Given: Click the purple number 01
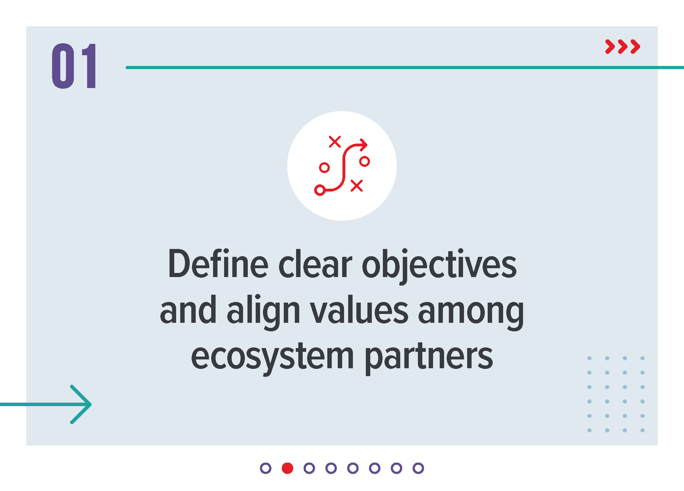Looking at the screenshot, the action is [74, 66].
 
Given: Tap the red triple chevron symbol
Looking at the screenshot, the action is [622, 47].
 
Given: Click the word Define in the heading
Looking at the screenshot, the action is [218, 263].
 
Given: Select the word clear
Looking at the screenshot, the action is [315, 263].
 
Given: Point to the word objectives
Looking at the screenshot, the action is [439, 266].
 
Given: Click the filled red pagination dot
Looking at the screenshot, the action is [288, 468].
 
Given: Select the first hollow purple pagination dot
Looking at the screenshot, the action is [266, 468].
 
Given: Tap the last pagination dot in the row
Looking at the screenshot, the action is [418, 468].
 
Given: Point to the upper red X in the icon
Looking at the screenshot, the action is [335, 142].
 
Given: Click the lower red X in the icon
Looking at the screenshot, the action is [357, 186].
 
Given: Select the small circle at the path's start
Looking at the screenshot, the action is [320, 190].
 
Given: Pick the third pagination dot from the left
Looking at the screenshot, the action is [309, 468].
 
